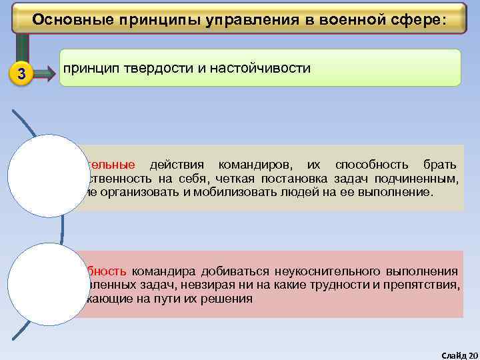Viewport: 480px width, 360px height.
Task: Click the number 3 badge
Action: point(21,74)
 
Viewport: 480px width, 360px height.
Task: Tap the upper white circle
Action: point(39,176)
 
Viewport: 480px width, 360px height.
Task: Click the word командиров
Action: point(253,165)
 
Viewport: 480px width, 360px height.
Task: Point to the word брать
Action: point(440,165)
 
